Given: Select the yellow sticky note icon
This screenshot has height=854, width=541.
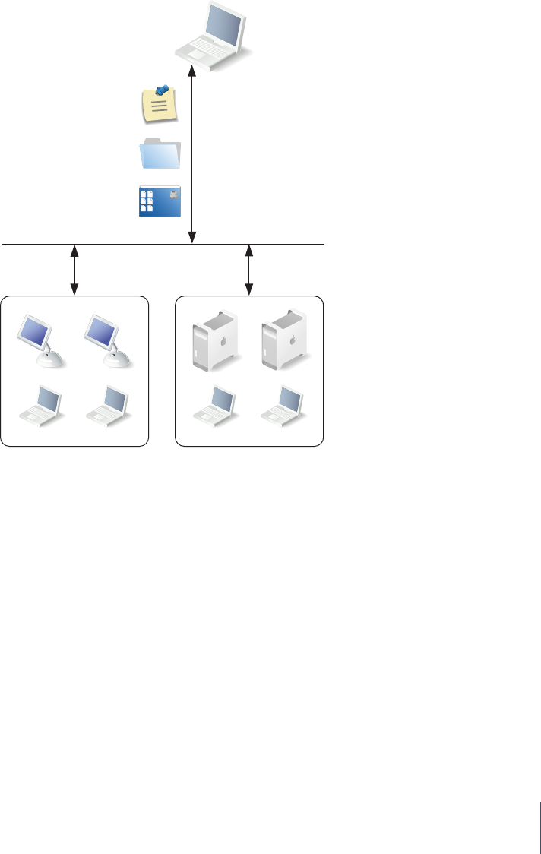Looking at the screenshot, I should [160, 104].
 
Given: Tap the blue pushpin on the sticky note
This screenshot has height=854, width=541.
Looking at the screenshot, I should [163, 90].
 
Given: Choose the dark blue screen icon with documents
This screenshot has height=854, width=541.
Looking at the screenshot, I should [160, 201].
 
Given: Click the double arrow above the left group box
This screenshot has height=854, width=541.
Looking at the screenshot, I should [74, 270].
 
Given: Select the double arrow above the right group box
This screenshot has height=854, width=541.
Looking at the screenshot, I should [249, 270].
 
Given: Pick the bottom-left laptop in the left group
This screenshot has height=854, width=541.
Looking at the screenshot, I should [41, 405].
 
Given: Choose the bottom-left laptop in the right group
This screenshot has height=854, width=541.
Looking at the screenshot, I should [217, 404].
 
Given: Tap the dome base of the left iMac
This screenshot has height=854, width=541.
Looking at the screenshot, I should [49, 359].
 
